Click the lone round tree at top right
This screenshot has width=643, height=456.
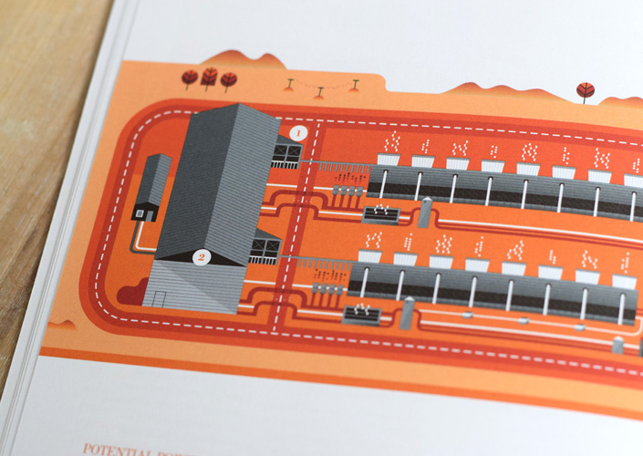coord(585,89)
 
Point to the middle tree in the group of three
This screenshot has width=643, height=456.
coord(210,78)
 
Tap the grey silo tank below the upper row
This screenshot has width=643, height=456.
coord(425,212)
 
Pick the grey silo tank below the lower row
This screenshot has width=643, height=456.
coord(408,311)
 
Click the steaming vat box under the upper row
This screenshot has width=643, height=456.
coord(381,214)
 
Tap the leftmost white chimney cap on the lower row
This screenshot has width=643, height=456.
coord(370,256)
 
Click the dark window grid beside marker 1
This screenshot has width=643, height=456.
coord(286,153)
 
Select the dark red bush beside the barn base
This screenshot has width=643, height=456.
coord(132,293)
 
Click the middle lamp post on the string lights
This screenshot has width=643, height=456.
coord(320,90)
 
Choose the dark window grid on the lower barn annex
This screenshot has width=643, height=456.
coord(265,247)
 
